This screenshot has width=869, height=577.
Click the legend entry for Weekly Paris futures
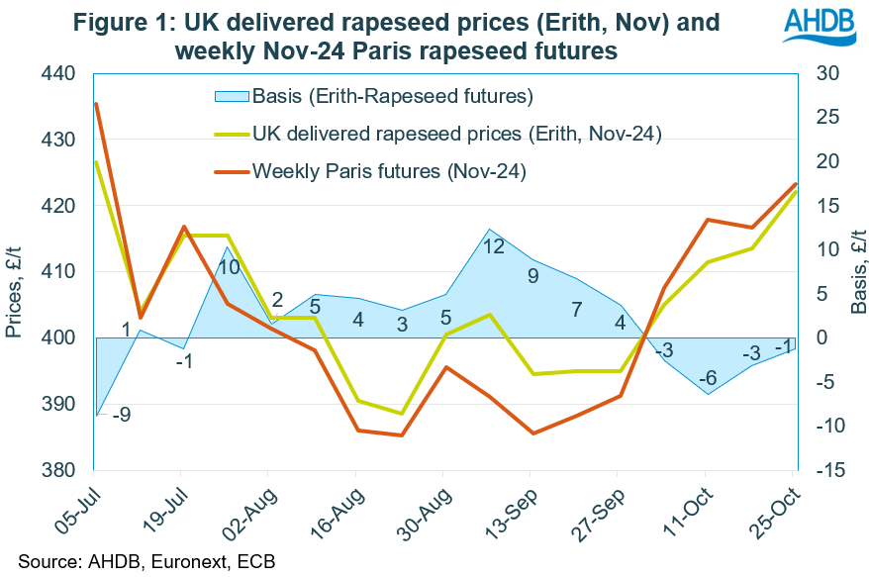tap(388, 171)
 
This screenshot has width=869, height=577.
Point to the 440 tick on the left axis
tap(59, 74)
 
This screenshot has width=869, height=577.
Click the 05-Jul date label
tap(77, 507)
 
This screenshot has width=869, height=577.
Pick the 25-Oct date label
tap(778, 507)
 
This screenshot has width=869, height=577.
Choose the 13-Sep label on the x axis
tap(516, 507)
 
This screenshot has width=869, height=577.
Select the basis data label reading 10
tap(229, 267)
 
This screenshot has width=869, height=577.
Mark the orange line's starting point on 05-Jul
tap(96, 104)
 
